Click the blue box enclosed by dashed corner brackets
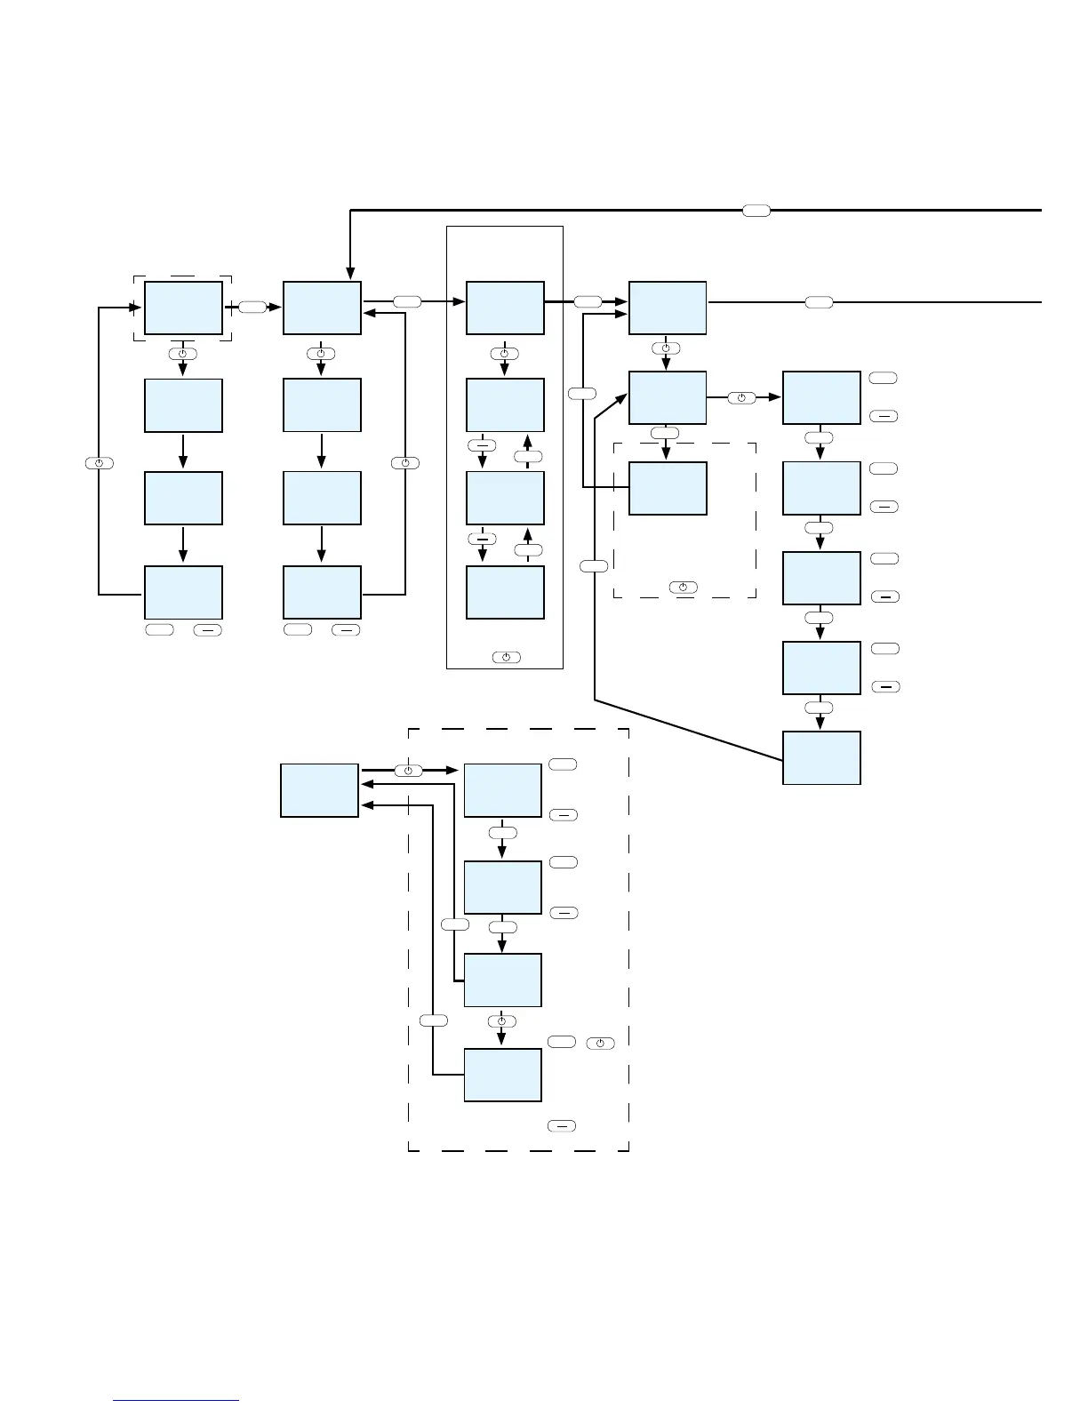point(183,308)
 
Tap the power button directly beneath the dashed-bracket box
point(182,354)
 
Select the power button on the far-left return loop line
point(99,463)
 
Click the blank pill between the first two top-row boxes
point(252,307)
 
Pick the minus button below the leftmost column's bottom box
point(208,629)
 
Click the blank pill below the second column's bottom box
point(298,629)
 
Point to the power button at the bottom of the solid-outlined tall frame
point(505,657)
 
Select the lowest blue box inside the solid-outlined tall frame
point(505,592)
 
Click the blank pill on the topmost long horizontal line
point(756,210)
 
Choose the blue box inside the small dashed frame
point(668,488)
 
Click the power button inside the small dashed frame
point(683,588)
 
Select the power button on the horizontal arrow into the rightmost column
point(741,397)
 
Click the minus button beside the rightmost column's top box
point(884,415)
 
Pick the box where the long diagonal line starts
point(821,757)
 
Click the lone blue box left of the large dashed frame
point(319,789)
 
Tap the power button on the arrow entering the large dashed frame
point(408,771)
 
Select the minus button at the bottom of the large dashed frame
point(561,1126)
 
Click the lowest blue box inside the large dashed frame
point(502,1075)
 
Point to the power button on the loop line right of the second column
point(404,463)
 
